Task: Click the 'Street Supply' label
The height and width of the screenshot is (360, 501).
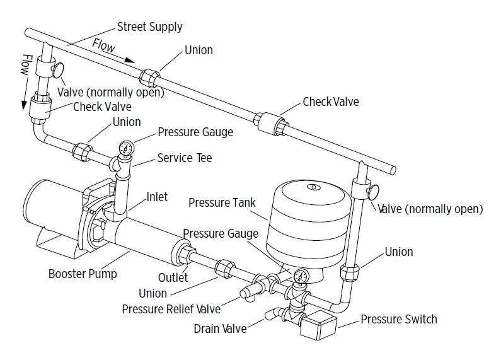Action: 149,26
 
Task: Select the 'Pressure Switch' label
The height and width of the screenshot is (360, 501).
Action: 398,320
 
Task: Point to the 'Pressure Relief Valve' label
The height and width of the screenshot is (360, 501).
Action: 171,309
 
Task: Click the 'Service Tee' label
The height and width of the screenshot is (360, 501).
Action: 185,158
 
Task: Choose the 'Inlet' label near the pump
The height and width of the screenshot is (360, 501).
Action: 157,197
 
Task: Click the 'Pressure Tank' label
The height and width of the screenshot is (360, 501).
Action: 222,202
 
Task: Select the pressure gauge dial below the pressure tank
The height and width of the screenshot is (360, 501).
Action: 300,276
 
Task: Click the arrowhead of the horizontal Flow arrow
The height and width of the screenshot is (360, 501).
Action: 132,61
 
